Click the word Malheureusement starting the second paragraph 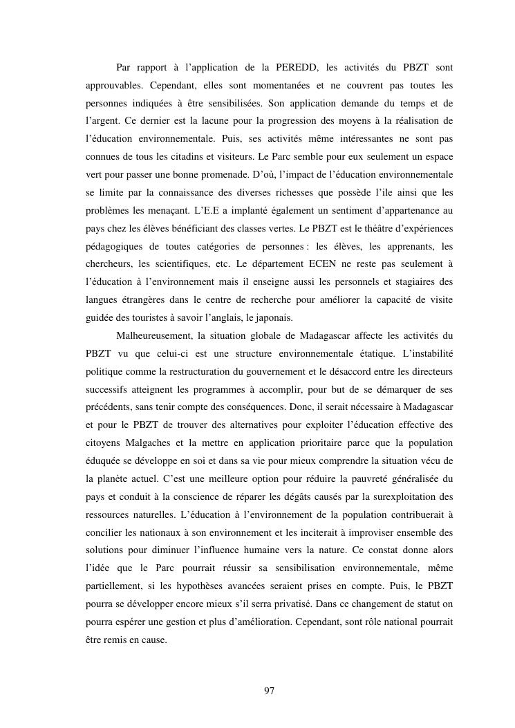153,337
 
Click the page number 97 270,691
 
